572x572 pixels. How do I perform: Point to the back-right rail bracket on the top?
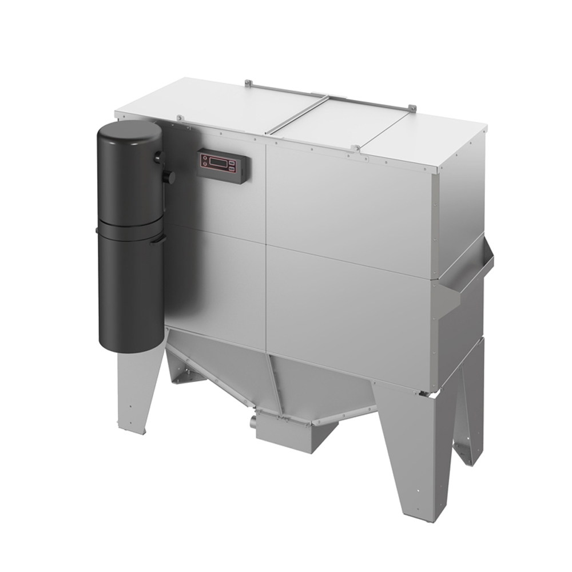[411, 107]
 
